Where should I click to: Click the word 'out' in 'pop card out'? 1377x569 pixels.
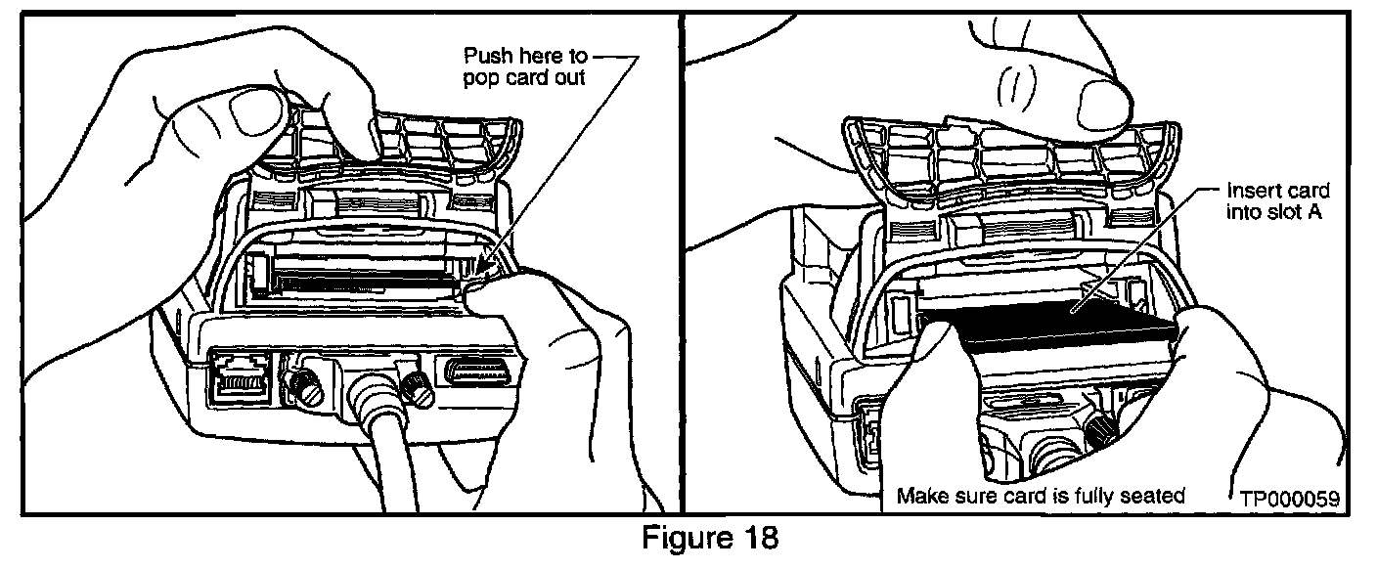pos(569,77)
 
